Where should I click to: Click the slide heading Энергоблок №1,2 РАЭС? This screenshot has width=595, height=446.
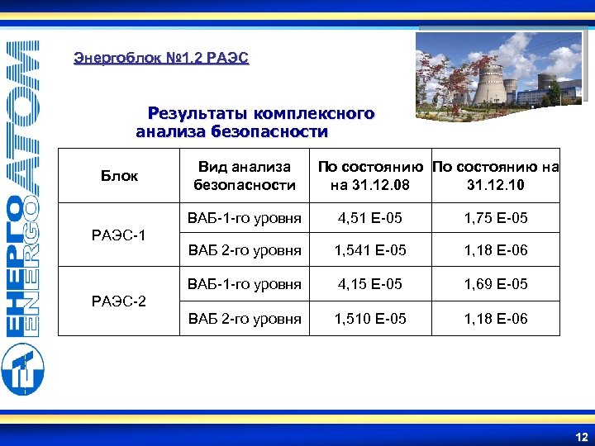161,58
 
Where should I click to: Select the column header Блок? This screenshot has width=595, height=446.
119,175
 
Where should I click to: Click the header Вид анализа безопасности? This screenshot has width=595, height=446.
244,175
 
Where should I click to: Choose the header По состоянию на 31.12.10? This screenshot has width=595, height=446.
496,175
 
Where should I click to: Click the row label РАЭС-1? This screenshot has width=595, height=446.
119,235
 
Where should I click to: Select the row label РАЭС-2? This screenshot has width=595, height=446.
119,301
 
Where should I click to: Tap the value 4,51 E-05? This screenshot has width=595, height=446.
369,219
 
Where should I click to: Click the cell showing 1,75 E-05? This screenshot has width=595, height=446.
496,219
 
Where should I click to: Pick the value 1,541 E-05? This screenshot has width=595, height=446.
369,250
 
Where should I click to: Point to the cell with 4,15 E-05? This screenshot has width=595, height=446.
369,284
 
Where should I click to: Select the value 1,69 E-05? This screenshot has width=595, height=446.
496,284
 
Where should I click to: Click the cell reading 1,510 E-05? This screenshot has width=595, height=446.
369,318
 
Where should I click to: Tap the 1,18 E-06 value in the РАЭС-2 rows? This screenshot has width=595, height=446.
496,318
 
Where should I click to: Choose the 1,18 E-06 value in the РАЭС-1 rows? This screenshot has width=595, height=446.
496,250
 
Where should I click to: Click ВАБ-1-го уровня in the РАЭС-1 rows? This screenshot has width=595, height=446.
245,219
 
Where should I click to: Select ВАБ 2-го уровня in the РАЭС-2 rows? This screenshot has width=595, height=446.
245,318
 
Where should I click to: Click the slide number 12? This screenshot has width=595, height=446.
581,435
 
